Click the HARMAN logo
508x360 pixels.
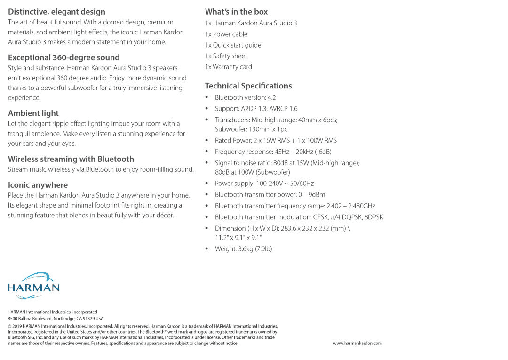pos(34,285)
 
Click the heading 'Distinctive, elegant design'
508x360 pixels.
pos(56,12)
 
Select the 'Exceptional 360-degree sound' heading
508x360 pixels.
pos(64,57)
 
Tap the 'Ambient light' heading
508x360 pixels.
pos(33,113)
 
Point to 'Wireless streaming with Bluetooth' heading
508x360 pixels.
pos(71,159)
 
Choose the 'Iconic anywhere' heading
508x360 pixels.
pos(38,185)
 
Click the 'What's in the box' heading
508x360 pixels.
pos(236,12)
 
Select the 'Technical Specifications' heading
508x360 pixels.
pos(248,86)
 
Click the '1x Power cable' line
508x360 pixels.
pos(226,34)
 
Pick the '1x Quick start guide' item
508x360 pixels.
pos(233,45)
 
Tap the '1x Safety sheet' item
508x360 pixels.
pos(226,56)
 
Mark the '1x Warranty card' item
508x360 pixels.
pos(229,67)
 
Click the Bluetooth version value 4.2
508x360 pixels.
pos(272,97)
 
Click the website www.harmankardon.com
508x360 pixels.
pos(357,344)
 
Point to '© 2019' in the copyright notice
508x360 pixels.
pos(15,326)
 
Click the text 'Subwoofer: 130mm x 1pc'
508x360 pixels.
pos(251,129)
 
